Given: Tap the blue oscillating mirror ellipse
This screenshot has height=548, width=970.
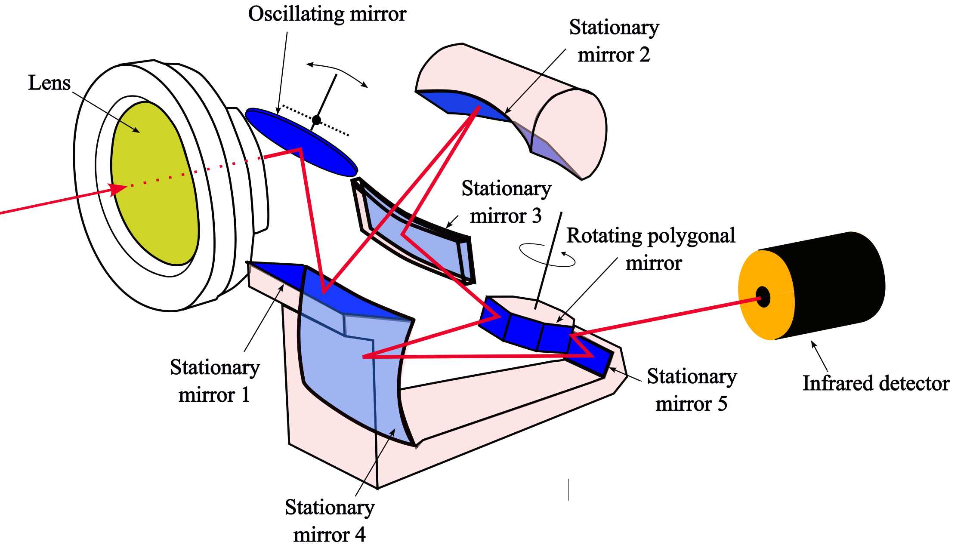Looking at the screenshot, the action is pos(301,142).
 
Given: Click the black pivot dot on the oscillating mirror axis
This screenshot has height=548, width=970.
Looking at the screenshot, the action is pos(316,120).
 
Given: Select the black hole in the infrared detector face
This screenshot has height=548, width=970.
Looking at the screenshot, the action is pos(763,297).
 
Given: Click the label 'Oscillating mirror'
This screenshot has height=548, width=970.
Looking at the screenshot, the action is pos(327,14).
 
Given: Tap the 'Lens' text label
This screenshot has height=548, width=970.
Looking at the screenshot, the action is pos(49,83).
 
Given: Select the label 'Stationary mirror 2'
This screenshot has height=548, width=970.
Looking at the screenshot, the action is pos(614,41).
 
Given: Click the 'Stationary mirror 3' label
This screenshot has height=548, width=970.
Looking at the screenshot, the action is pos(506,202).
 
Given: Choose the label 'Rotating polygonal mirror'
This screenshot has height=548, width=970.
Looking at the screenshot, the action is pos(651,249).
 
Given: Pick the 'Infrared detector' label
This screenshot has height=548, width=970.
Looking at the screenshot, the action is pos(876,383).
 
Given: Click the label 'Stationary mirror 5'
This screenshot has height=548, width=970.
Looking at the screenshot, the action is pos(692,390).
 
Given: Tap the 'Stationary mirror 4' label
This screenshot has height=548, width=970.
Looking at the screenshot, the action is pos(330,521).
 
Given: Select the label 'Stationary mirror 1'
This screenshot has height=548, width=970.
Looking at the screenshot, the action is pos(215,381).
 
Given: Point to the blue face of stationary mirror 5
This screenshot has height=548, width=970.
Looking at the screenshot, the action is pos(592,355).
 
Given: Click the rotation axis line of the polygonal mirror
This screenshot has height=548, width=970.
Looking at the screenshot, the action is pos(548,261).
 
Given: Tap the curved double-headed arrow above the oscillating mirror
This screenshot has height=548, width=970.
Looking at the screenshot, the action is pos(337,71).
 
